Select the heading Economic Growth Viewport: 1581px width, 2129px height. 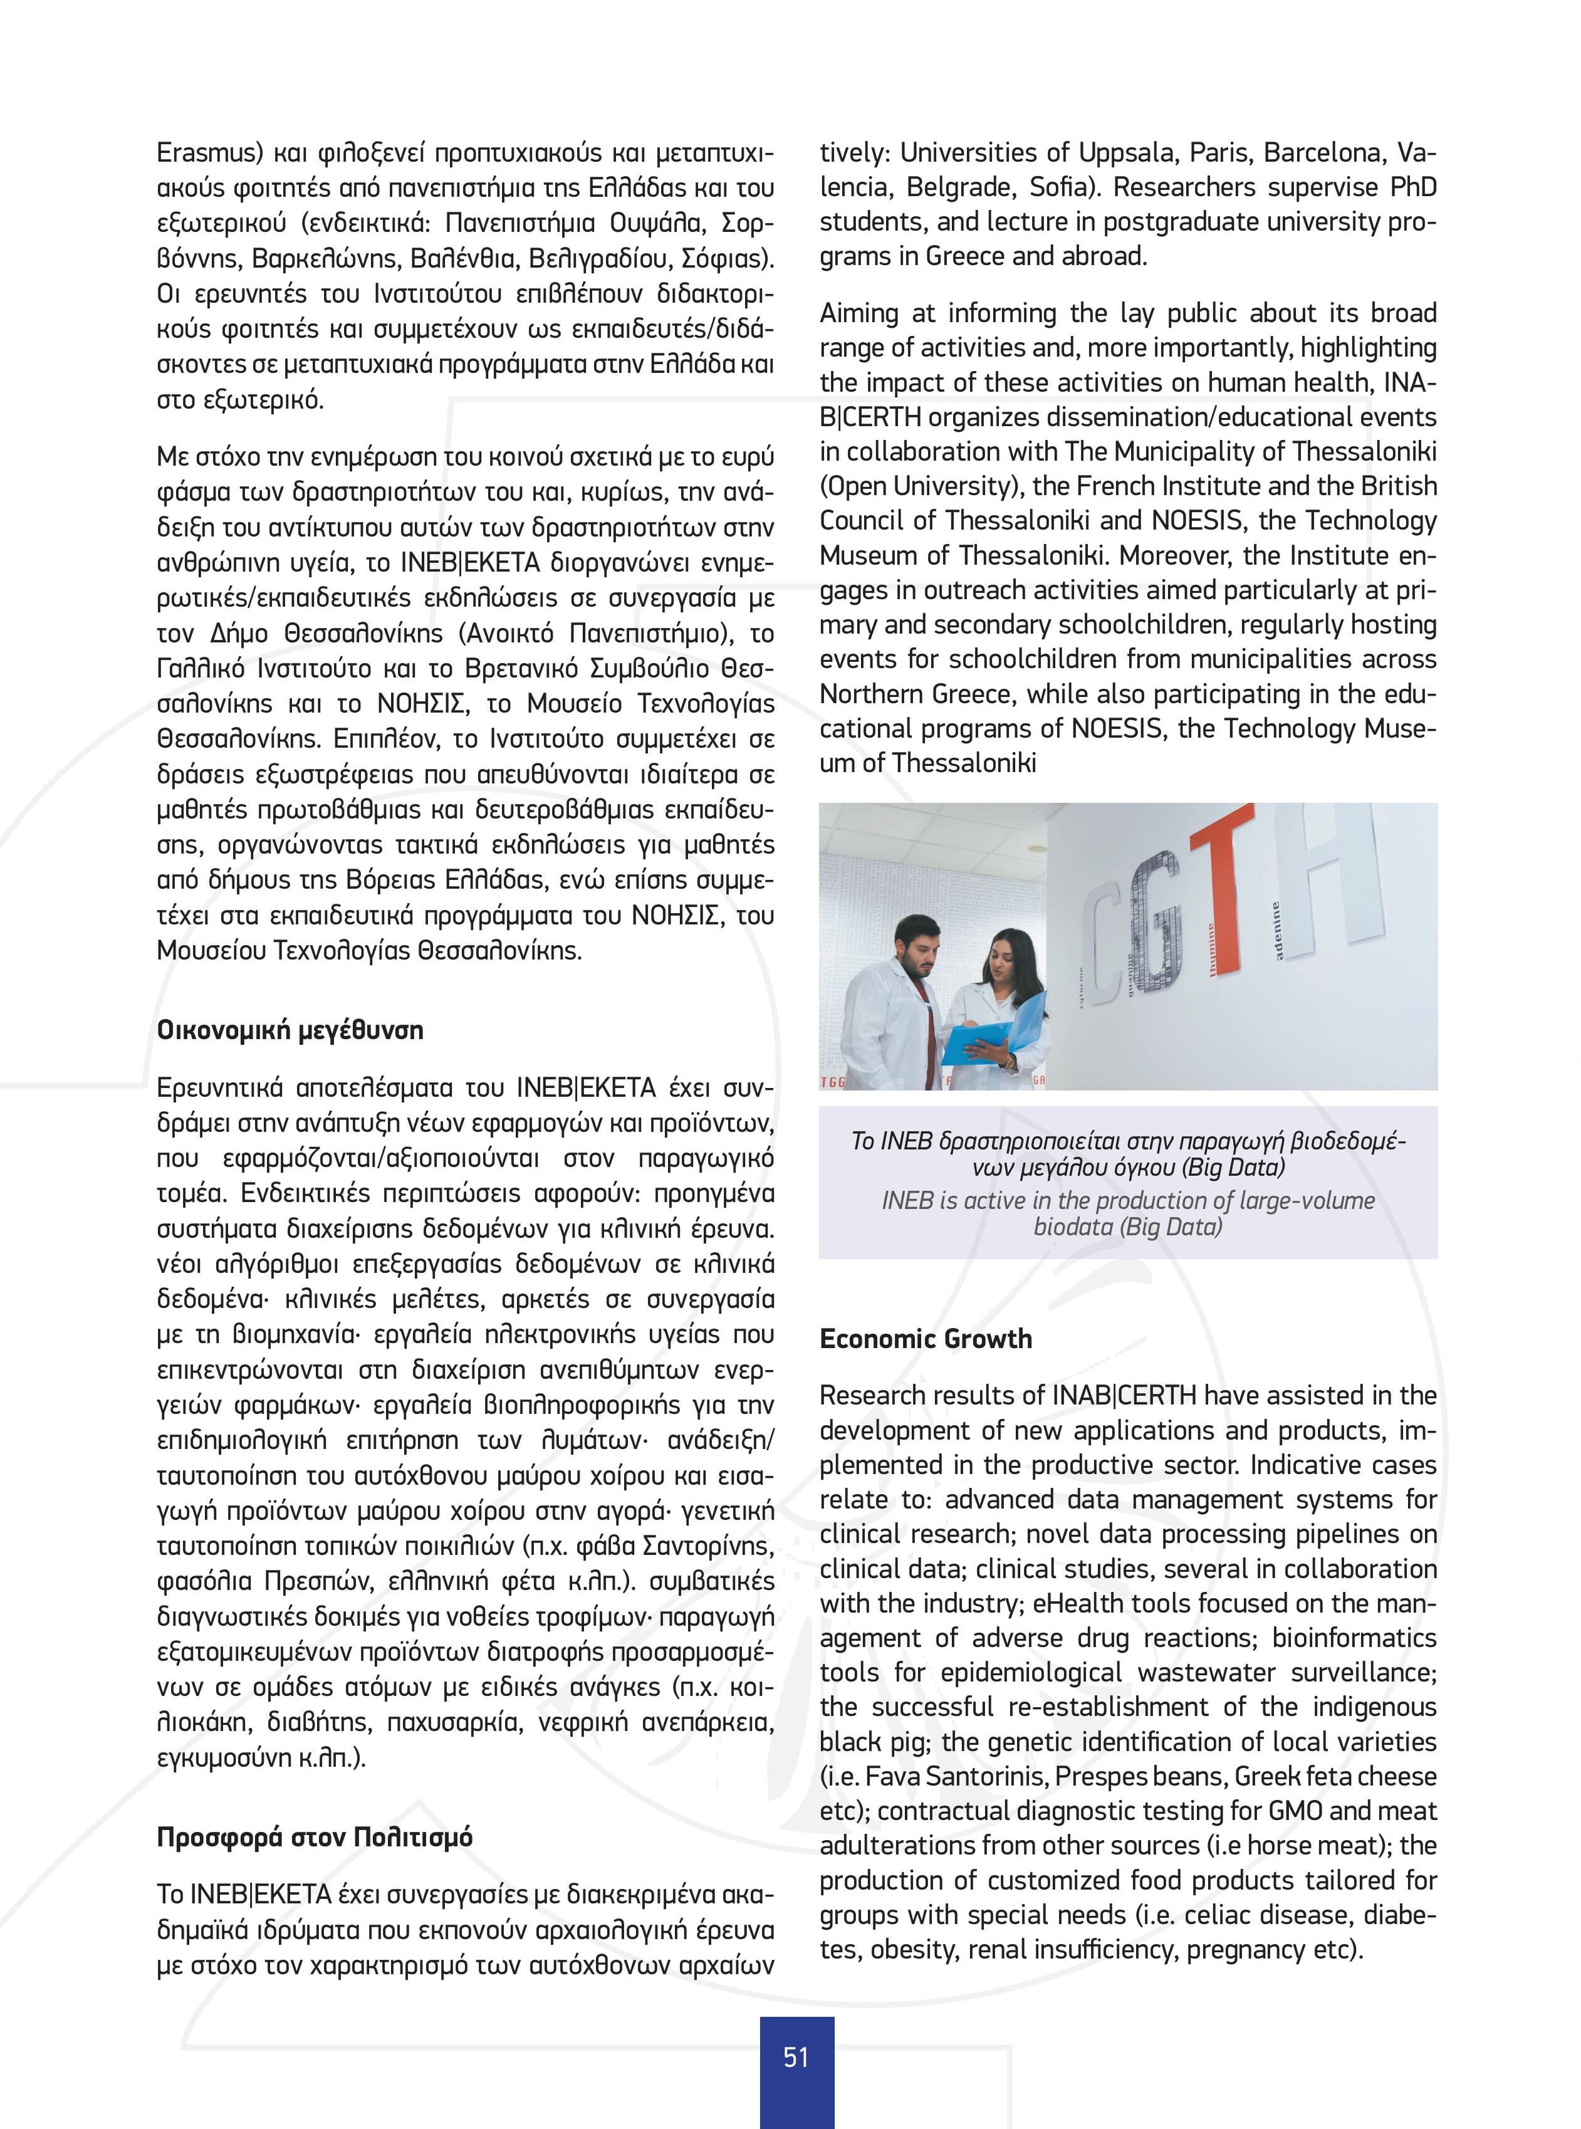[926, 1338]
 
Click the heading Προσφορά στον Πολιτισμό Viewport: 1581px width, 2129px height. [315, 1837]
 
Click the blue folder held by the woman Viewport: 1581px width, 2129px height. [995, 1029]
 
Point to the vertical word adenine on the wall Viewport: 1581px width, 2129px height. [1275, 929]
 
